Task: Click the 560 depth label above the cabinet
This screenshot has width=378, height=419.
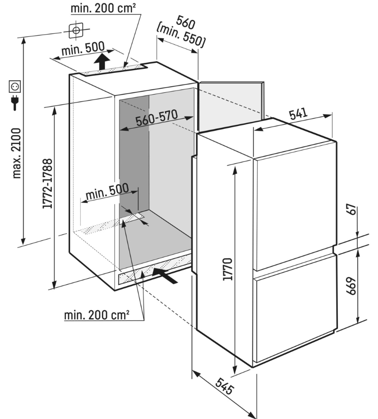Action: tap(183, 22)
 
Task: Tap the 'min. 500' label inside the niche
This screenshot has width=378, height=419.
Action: tap(106, 194)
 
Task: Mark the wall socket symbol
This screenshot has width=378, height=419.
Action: tap(15, 86)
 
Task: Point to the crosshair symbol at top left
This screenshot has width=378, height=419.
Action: tap(76, 31)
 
